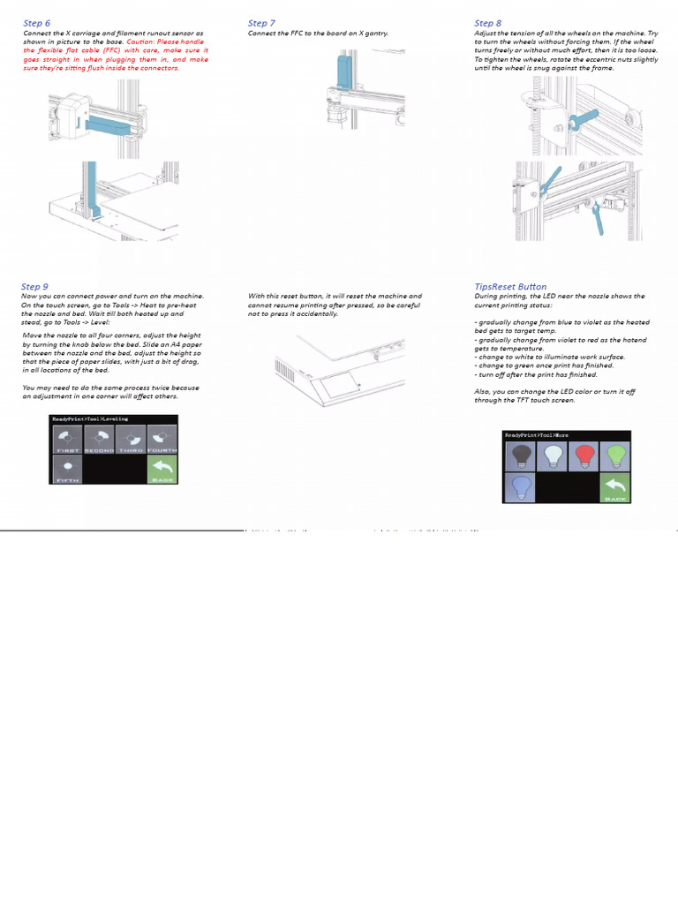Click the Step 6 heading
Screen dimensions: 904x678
pyautogui.click(x=37, y=23)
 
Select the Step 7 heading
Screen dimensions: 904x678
pyautogui.click(x=261, y=23)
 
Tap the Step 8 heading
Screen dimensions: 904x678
pyautogui.click(x=487, y=23)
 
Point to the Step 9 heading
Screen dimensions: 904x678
pyautogui.click(x=35, y=287)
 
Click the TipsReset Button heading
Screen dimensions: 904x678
pyautogui.click(x=510, y=287)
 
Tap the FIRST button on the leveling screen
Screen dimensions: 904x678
pyautogui.click(x=68, y=439)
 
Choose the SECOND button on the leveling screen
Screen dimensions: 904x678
pyautogui.click(x=99, y=439)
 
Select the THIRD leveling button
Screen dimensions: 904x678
pyautogui.click(x=131, y=439)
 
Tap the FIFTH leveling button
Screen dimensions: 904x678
pyautogui.click(x=68, y=469)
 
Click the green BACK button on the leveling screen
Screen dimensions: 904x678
pyautogui.click(x=162, y=469)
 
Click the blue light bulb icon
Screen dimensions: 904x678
pyautogui.click(x=520, y=487)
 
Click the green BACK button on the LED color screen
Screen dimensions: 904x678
pyautogui.click(x=615, y=487)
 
